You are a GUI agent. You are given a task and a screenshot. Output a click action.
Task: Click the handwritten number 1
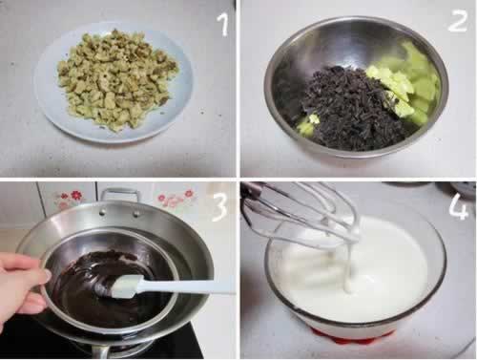223,25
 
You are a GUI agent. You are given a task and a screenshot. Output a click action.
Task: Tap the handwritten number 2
458,20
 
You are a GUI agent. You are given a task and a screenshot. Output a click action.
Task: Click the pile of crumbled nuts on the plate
117,79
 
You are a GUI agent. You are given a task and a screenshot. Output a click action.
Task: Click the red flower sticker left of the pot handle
71,198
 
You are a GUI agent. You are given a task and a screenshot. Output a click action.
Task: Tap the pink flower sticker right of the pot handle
176,198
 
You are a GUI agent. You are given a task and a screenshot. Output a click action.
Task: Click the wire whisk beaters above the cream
305,213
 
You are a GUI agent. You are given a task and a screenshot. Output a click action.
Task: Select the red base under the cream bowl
353,336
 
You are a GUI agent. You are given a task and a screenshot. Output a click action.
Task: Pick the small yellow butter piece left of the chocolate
308,125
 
